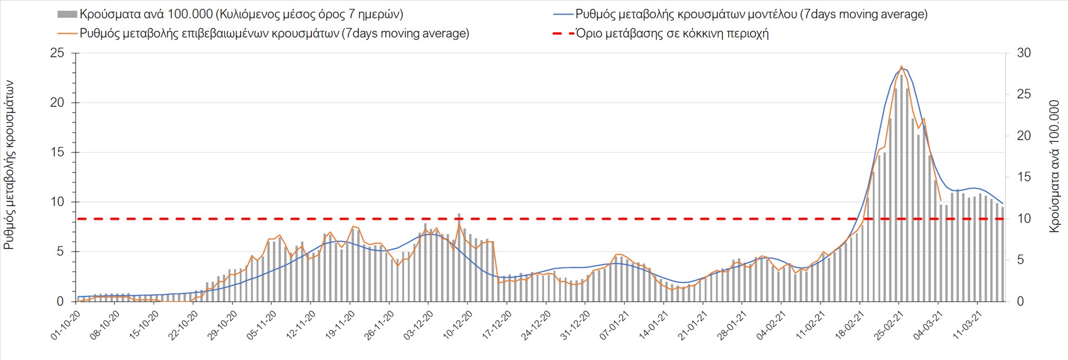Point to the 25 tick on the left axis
click(57, 53)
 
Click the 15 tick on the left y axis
click(57, 152)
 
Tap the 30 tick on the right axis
click(1024, 53)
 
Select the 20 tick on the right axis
click(1024, 136)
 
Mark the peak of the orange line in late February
click(901, 66)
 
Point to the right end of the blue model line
click(1002, 203)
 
